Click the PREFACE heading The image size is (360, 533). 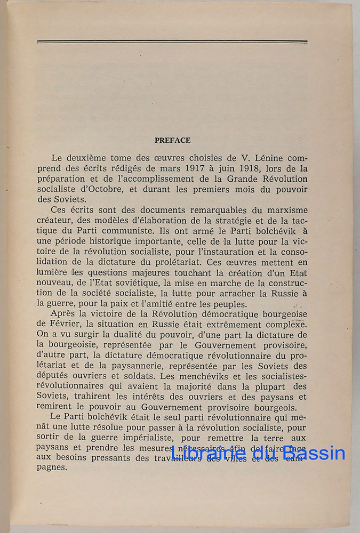coord(172,141)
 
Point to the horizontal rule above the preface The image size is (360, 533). coord(172,42)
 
